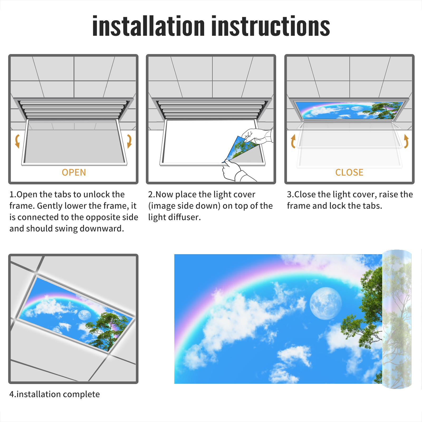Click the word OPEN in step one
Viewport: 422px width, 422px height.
(74, 172)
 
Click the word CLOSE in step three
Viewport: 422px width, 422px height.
(349, 172)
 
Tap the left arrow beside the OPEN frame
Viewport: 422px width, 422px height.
(17, 141)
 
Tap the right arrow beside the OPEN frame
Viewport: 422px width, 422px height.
(129, 141)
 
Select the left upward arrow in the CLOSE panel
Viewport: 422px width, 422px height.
(293, 141)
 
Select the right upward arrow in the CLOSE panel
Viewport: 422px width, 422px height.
(406, 141)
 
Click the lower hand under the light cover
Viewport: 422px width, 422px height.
(233, 171)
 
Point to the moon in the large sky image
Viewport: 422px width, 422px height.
(325, 303)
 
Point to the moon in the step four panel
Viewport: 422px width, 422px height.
(84, 315)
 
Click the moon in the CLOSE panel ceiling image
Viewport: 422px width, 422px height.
(357, 108)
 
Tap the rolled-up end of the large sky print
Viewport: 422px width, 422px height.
(397, 319)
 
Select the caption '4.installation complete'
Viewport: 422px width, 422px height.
(55, 394)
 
